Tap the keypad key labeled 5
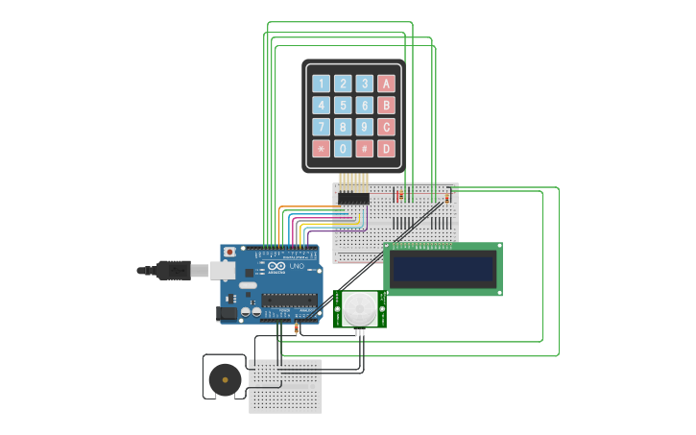tap(343, 105)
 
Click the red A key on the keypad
tap(386, 84)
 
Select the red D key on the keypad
tap(386, 149)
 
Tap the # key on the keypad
tap(365, 149)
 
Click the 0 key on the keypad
tap(343, 149)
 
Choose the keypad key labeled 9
tap(365, 127)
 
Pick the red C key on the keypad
tap(386, 127)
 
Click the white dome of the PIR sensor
tap(360, 308)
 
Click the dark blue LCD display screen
tap(442, 269)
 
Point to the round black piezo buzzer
tap(226, 378)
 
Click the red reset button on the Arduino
tap(229, 253)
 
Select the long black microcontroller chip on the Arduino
tap(289, 300)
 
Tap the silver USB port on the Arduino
tap(223, 271)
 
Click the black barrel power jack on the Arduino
tap(227, 313)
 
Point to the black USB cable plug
tap(174, 271)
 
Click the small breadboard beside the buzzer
tap(285, 386)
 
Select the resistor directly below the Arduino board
tap(296, 329)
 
